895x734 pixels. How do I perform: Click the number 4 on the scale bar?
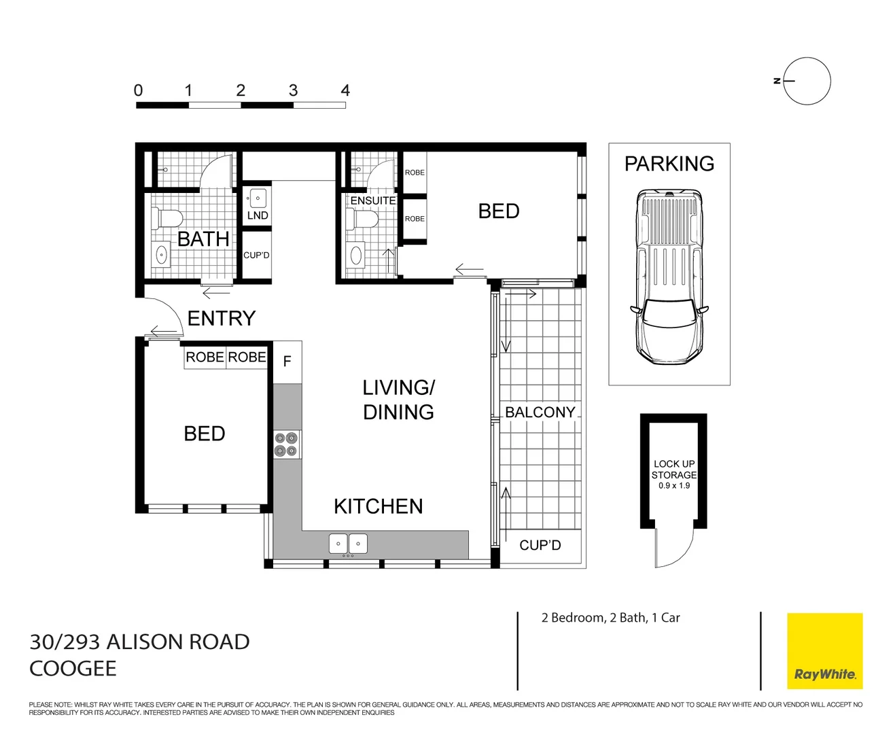345,90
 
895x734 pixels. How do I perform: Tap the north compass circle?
807,81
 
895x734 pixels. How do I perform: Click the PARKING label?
669,164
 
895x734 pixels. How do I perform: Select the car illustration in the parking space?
669,277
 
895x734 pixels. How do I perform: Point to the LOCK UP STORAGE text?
673,469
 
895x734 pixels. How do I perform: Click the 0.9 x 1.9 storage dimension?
673,486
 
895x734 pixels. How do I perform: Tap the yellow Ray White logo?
824,651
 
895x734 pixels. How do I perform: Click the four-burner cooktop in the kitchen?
286,444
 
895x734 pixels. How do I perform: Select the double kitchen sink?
348,544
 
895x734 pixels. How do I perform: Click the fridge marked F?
287,362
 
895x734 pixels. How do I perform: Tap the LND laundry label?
258,215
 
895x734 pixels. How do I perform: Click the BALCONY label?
540,413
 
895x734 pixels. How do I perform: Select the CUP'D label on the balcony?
540,546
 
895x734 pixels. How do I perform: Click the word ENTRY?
222,318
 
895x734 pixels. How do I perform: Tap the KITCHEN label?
378,506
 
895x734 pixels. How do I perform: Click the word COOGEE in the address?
73,669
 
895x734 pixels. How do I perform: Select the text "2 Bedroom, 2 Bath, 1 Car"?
610,618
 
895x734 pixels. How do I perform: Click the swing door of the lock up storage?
673,548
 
